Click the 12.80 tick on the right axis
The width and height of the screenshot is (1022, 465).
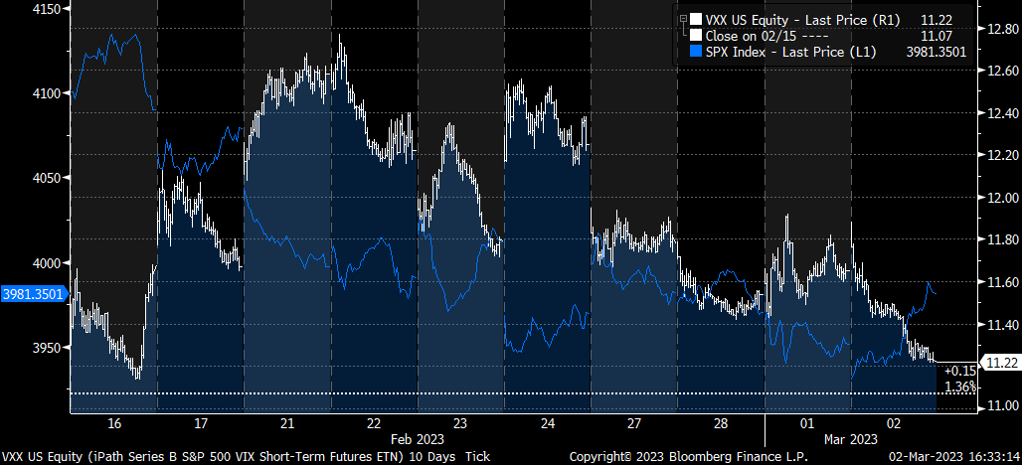click(998, 30)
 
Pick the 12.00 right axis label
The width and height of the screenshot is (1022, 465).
click(998, 198)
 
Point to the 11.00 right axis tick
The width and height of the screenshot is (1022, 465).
click(998, 405)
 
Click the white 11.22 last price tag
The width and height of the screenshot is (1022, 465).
click(998, 363)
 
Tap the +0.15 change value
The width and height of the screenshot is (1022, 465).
click(959, 371)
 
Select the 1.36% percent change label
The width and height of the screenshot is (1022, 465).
click(959, 386)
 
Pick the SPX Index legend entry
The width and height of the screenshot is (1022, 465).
click(789, 53)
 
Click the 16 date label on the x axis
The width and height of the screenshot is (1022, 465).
click(114, 423)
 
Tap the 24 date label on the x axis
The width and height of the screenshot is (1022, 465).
click(549, 423)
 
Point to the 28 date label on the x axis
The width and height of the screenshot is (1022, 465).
click(722, 423)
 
